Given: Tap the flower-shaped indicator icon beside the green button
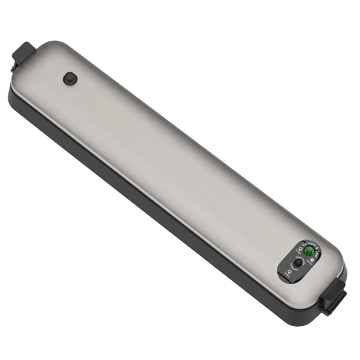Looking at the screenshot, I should [x=311, y=260].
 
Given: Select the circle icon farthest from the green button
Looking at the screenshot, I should [x=289, y=272].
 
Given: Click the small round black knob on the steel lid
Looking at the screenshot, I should [x=71, y=78].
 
